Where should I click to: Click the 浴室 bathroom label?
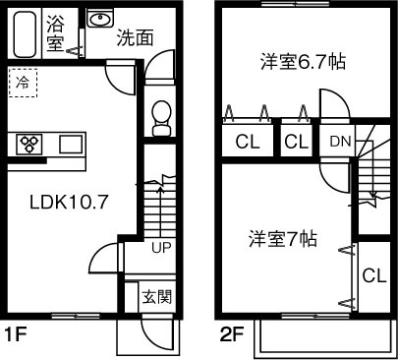pos(56,31)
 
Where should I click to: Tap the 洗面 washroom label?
pos(134,38)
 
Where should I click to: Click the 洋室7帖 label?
pos(282,238)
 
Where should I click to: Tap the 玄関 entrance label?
pos(156,296)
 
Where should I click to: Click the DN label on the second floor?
pos(339,142)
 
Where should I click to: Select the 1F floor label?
pos(14,335)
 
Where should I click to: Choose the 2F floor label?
pos(231,335)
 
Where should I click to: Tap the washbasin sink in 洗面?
pos(98,20)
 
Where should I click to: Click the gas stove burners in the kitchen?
pos(30,144)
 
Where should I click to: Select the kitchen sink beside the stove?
pos(70,145)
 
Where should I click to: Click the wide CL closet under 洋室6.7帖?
pos(247,142)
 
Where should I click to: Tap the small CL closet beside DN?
pos(297,142)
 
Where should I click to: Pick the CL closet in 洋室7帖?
pos(372,275)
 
